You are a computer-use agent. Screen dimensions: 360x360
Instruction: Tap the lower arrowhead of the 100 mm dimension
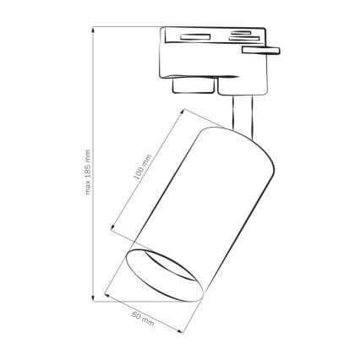click(115, 230)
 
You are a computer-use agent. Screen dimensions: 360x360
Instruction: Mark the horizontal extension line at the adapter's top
click(127, 26)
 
